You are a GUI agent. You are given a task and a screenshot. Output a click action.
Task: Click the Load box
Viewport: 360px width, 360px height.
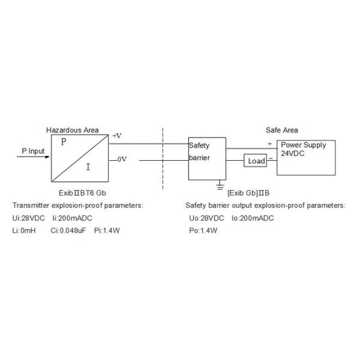coord(255,160)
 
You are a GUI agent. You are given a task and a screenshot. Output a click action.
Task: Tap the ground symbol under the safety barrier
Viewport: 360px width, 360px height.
coord(220,186)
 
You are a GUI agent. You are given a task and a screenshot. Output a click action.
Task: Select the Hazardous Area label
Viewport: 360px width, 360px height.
coord(73,130)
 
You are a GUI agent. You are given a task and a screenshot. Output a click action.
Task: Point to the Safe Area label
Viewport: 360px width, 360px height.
coord(282,130)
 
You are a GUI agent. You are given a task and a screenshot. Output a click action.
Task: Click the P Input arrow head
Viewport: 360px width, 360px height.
coord(47,157)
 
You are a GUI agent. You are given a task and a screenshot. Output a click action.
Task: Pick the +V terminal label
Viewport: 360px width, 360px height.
coord(117,136)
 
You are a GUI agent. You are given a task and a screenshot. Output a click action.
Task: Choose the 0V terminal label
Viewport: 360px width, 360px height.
coord(122,159)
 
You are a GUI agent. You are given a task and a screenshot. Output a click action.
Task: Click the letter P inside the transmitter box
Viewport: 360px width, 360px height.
coord(64,142)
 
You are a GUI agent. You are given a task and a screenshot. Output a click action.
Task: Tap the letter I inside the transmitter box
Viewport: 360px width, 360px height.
coord(88,167)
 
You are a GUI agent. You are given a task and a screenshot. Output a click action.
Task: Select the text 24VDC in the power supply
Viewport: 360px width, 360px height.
coord(293,154)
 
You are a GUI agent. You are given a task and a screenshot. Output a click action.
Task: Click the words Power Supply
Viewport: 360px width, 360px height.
coord(303,145)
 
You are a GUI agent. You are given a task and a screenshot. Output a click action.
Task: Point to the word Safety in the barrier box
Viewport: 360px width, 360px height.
coord(199,146)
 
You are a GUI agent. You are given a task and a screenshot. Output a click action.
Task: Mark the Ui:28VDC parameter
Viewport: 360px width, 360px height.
coord(28,218)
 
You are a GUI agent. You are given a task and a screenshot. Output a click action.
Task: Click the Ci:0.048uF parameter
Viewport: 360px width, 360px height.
coord(68,230)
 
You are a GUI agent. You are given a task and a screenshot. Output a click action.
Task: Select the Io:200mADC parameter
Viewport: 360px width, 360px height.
coord(253,218)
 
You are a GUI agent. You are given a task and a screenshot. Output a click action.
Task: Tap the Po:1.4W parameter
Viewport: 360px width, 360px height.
coord(203,230)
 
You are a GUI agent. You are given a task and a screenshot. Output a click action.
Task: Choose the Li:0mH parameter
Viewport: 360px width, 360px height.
coord(24,230)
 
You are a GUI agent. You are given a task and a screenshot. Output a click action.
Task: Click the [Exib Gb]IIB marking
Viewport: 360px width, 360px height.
coord(248,193)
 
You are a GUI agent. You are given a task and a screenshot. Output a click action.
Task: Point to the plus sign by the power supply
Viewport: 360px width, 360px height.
coord(270,144)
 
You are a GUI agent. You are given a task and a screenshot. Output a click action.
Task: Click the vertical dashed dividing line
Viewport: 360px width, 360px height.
coord(163,158)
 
